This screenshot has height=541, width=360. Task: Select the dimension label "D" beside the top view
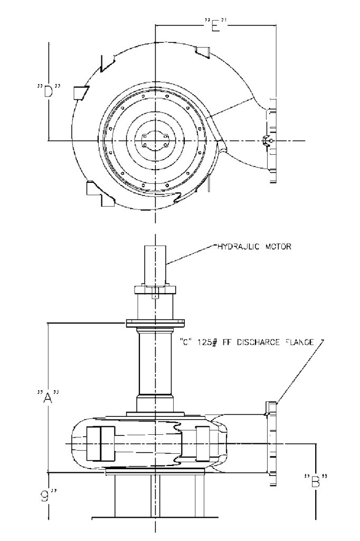(x=49, y=91)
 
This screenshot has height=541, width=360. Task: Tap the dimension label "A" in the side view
(x=49, y=396)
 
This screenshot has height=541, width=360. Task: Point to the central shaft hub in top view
(x=155, y=141)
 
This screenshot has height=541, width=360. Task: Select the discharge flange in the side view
(x=271, y=438)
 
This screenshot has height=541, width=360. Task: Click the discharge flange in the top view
(x=272, y=140)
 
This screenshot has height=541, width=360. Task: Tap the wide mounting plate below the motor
(x=154, y=323)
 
